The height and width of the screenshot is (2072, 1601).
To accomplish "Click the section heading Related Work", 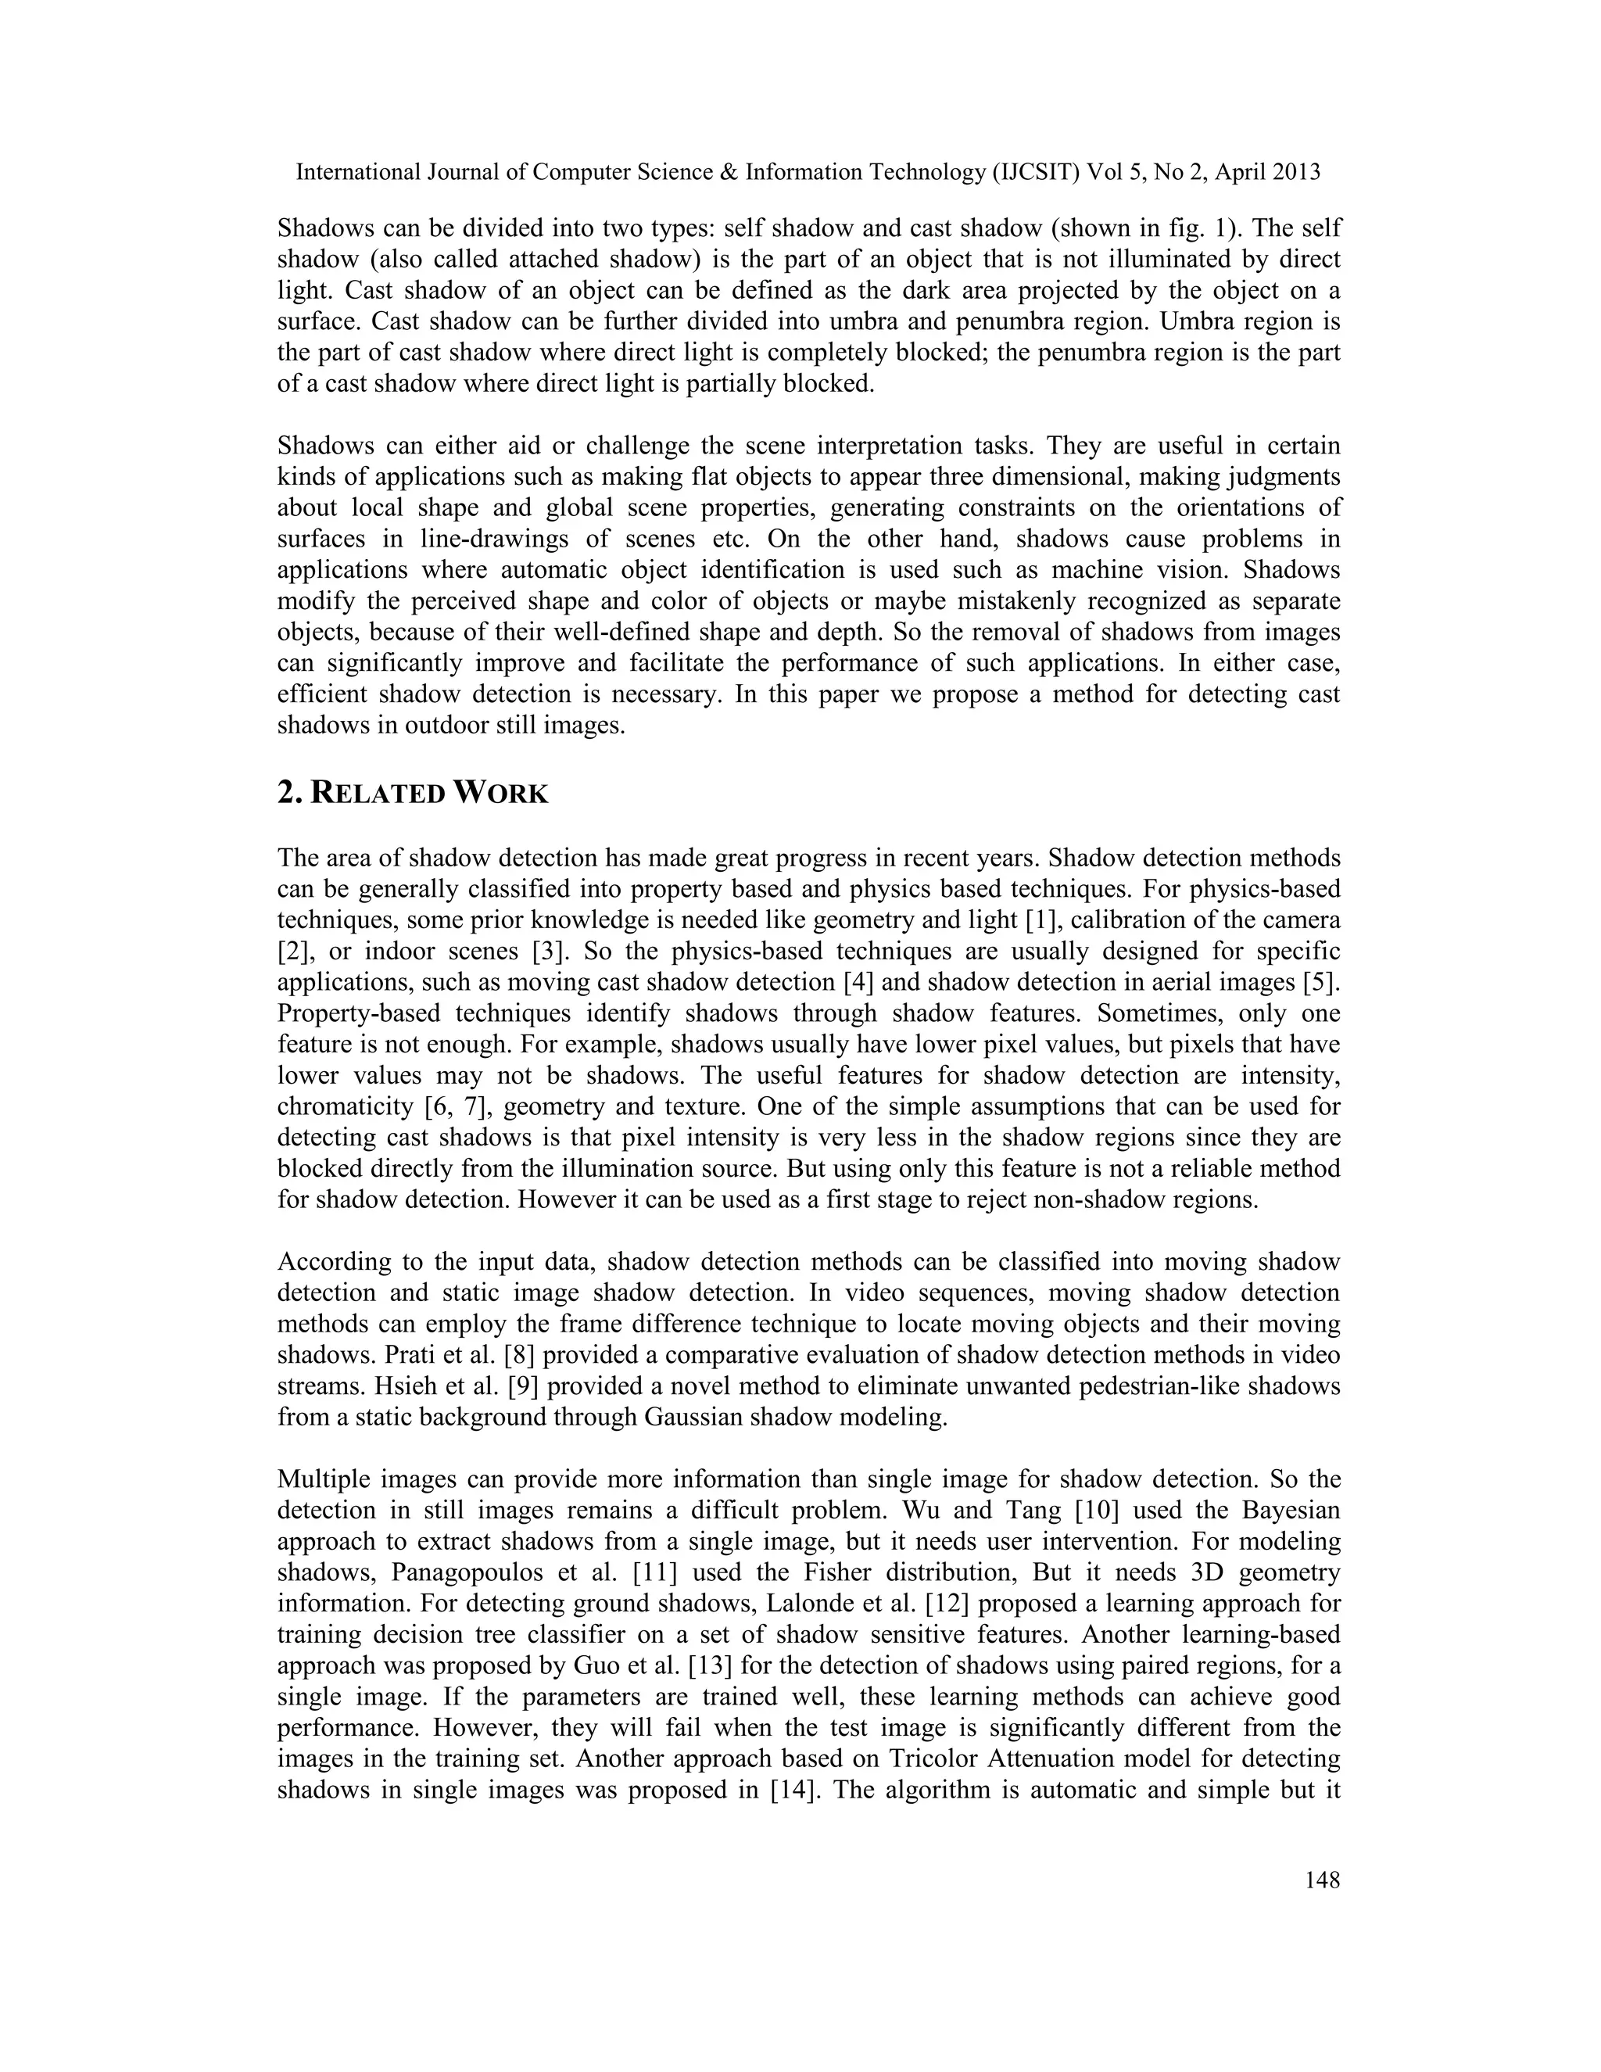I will click(413, 793).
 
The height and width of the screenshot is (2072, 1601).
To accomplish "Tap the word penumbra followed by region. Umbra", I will click(956, 321).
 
